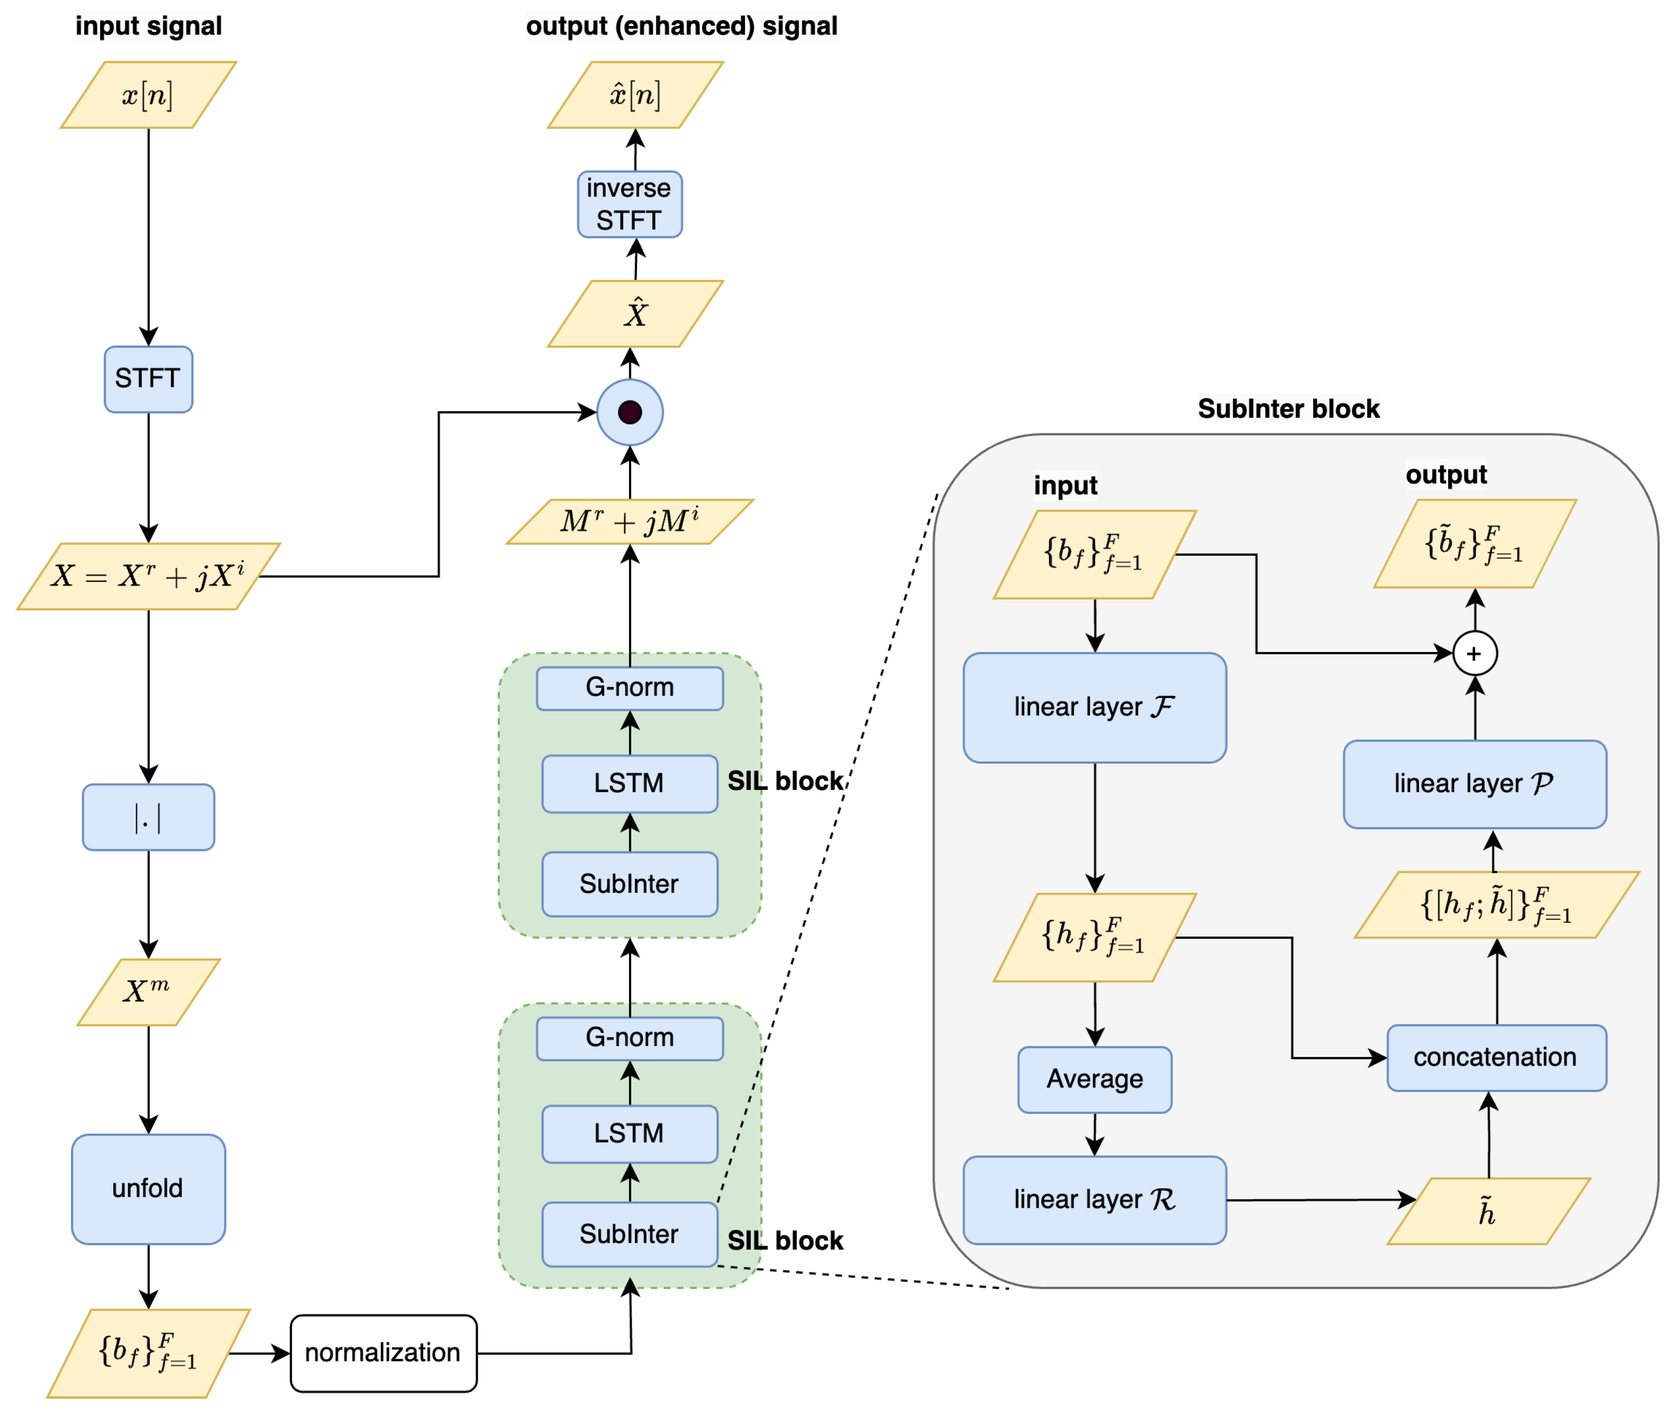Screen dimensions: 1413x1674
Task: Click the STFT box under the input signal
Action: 148,379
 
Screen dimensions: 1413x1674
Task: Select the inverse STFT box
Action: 630,204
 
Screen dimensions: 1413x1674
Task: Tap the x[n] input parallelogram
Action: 148,95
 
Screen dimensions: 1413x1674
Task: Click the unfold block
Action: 148,1188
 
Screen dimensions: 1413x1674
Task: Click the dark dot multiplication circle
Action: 630,413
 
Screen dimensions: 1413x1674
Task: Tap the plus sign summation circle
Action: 1475,654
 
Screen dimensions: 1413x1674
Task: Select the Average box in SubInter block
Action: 1094,1079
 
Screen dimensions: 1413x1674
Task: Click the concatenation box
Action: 1495,1057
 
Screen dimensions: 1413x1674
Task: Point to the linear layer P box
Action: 1475,783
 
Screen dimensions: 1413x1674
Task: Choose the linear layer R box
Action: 1094,1199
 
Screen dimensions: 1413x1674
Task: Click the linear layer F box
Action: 1094,708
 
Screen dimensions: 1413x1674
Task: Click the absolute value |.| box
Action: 148,817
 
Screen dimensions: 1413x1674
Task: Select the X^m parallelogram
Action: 148,992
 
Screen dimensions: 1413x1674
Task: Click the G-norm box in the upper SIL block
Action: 630,688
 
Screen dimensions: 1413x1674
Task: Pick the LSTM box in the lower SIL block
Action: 630,1134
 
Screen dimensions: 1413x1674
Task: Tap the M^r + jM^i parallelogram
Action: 630,521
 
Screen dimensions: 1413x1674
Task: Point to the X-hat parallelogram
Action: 635,313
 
